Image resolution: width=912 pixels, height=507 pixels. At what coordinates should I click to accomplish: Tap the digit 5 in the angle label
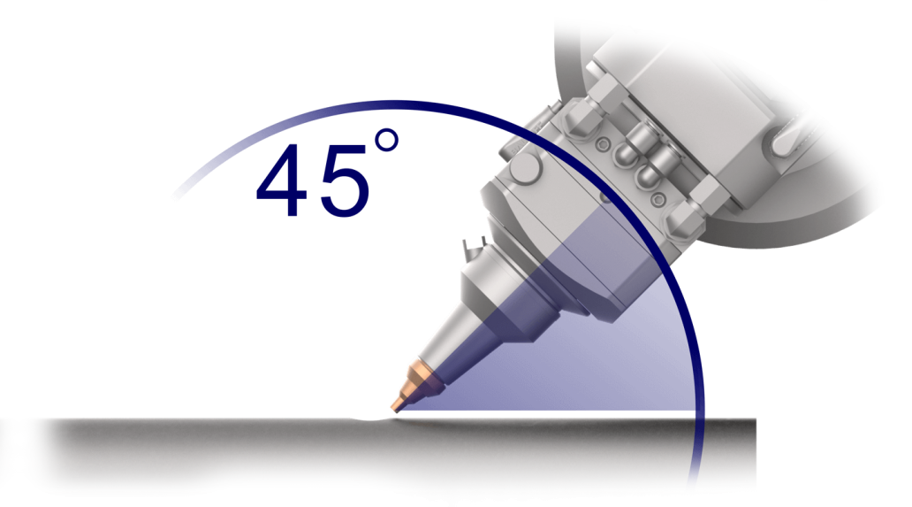345,181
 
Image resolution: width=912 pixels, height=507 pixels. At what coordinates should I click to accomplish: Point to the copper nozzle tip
412,386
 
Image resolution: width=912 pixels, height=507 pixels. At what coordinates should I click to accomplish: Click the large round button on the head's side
525,168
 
